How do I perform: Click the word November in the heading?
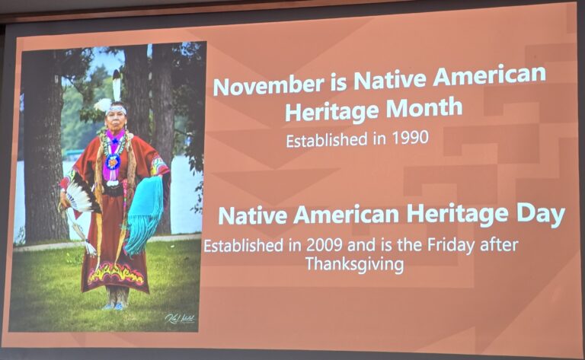coord(268,84)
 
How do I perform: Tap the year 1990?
coord(411,138)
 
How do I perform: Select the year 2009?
coord(324,245)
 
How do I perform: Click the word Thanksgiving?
coord(354,265)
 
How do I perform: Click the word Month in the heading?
coord(424,108)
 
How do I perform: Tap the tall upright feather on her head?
coord(117,86)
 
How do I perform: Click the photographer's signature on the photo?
coord(180,319)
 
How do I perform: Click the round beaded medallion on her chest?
coord(112,162)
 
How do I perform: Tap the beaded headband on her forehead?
coord(116,110)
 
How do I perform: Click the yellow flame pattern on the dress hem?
coord(116,275)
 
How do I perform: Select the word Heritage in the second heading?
coord(457,215)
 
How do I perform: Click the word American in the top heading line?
coord(489,75)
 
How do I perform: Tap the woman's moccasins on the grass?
coord(114,306)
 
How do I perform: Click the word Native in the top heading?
coord(389,79)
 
